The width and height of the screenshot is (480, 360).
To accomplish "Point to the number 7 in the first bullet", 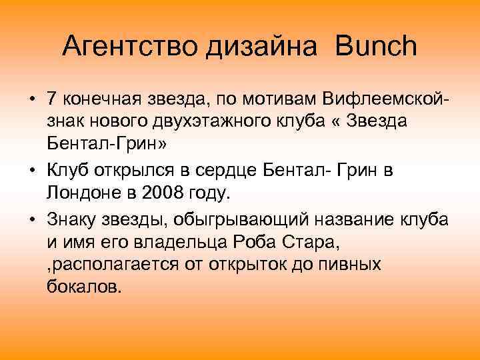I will point(51,99).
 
